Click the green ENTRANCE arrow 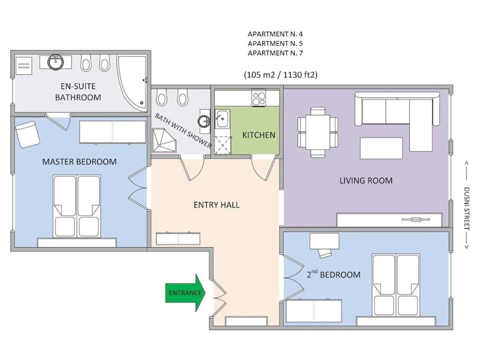pos(185,293)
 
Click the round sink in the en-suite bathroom pos(55,62)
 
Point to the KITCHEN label pos(258,135)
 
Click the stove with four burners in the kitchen pos(258,99)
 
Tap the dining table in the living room pos(317,132)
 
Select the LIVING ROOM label pos(365,181)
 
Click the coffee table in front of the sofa pos(381,148)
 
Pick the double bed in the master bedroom pos(77,206)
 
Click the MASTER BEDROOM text pos(79,162)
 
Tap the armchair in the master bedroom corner pos(27,134)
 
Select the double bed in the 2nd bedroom pos(396,285)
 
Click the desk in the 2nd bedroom pos(324,241)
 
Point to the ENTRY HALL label pos(216,205)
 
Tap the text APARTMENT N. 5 pos(275,44)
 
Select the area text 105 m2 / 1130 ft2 pos(281,75)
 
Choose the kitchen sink pos(221,119)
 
